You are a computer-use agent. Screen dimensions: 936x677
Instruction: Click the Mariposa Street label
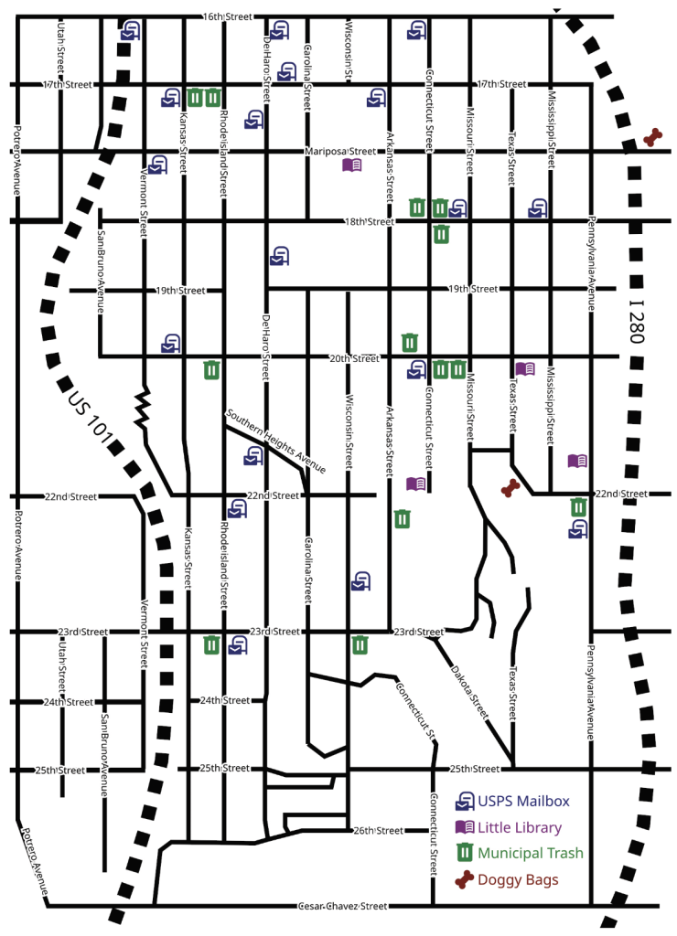340,151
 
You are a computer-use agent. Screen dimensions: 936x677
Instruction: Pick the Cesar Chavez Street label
343,906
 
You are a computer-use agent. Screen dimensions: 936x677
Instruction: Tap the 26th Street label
378,830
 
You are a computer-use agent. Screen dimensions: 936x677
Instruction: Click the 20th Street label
353,358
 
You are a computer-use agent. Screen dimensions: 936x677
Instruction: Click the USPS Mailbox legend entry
517,801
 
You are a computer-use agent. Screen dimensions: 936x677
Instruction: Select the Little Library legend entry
518,827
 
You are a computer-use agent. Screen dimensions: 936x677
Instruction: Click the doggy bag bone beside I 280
652,137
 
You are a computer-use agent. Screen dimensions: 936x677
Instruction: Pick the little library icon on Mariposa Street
352,165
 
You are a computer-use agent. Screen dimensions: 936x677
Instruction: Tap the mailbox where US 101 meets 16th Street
131,29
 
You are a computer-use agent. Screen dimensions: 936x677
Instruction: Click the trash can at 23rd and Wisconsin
360,645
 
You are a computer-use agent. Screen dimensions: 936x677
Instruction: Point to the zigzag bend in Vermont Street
144,409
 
